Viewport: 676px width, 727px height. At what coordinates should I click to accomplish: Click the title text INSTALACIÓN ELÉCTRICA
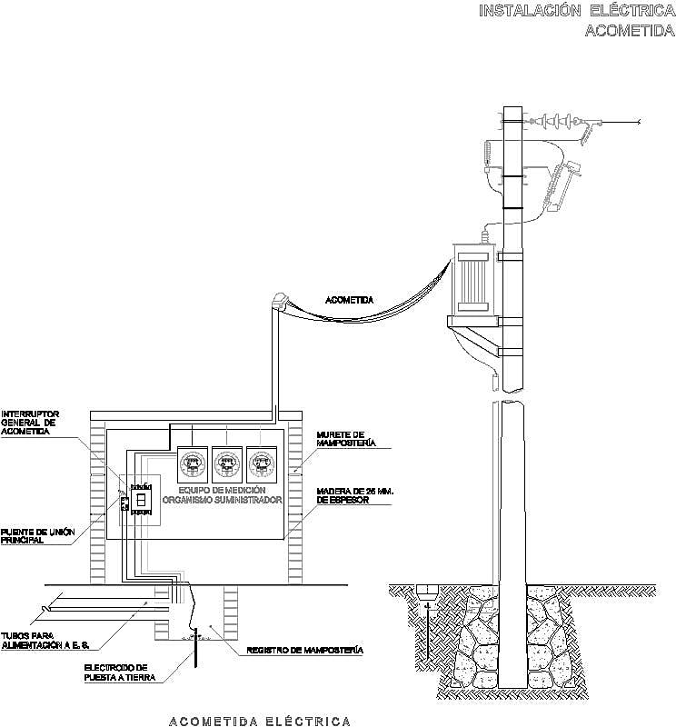[x=576, y=11]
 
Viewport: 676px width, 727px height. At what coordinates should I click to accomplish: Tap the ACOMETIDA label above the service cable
[x=350, y=300]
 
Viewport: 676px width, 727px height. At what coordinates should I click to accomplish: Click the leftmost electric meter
[x=192, y=466]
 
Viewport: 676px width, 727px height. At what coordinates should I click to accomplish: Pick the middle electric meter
[x=226, y=466]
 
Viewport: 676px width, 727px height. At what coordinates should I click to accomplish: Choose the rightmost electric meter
[x=261, y=466]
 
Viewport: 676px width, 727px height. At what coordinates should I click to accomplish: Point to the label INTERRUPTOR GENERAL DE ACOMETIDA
[x=30, y=422]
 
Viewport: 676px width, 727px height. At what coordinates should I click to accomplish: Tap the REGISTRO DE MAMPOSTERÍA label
[x=305, y=652]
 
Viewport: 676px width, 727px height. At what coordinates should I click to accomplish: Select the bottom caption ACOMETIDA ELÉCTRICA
[x=260, y=721]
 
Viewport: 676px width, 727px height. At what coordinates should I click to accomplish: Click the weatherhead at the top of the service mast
[x=281, y=298]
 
